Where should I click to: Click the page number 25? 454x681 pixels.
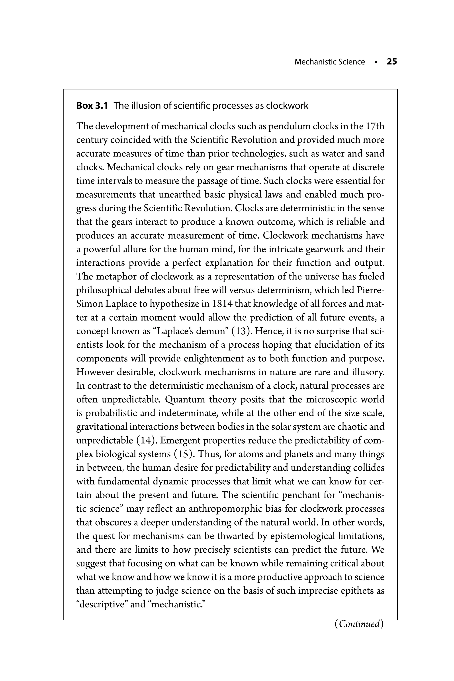[392, 62]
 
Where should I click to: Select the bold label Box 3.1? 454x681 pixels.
[92, 106]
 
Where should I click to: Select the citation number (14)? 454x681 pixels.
[146, 440]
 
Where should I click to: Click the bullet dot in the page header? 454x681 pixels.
[376, 62]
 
